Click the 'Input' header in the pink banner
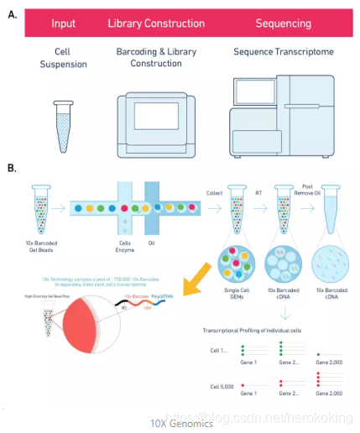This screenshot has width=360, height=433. point(63,23)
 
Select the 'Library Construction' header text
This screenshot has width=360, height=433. point(156,23)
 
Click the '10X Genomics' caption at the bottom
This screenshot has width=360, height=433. point(181,424)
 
